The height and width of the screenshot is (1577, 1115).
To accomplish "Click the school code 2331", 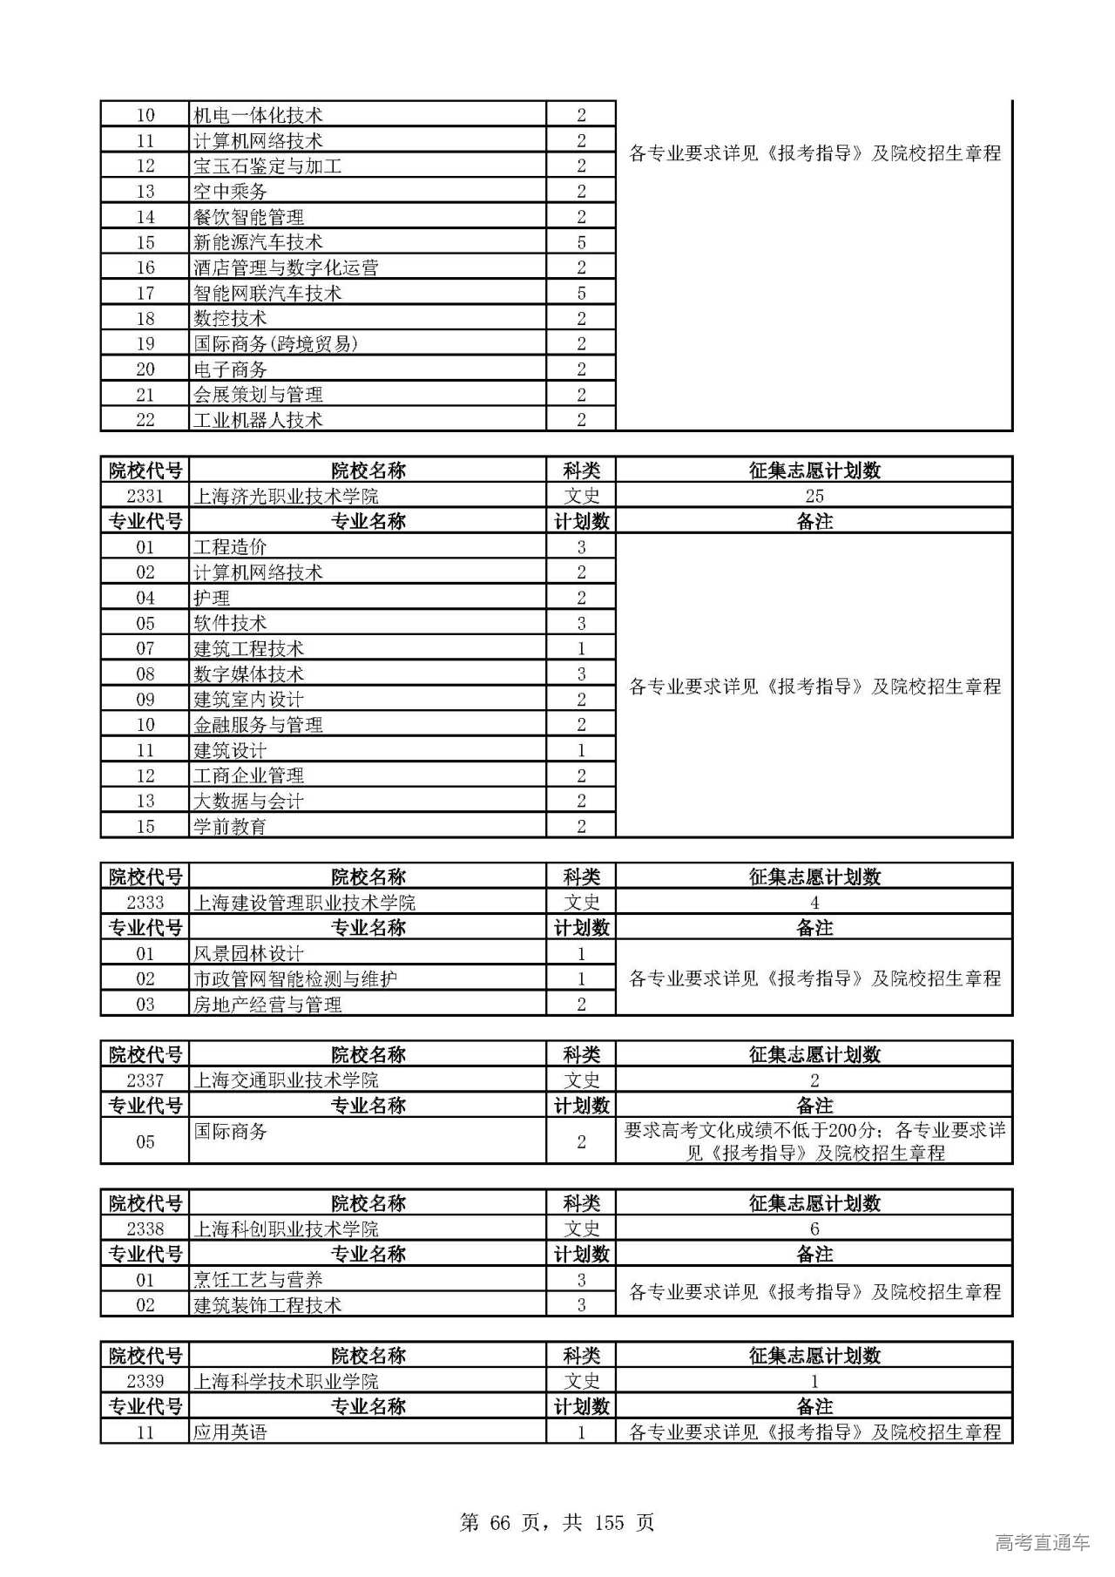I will pos(145,496).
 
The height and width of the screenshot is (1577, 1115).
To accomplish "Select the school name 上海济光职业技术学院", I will pos(286,496).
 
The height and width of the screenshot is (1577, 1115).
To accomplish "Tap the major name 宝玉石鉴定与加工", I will pos(267,166).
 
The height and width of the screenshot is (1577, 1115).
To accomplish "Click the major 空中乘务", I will pos(230,191).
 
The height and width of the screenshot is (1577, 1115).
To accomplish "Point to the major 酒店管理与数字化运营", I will pos(286,267).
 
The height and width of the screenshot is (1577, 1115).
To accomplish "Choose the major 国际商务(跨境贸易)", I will pos(275,343).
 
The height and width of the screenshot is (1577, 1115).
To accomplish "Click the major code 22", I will pos(145,420).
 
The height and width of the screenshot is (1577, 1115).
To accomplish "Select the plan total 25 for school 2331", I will pos(814,496).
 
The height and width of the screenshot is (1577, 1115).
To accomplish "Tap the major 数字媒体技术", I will pos(248,673).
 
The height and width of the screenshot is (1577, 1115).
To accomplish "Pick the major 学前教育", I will pos(230,826).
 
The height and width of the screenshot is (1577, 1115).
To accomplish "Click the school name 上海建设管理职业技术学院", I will pos(304,902).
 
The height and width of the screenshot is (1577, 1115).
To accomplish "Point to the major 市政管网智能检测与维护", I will pos(294,978).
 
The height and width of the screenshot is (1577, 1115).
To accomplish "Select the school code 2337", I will pos(145,1080).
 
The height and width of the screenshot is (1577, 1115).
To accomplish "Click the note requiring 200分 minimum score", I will pos(814,1141).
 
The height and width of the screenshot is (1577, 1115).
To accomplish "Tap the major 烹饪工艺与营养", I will pos(258,1279).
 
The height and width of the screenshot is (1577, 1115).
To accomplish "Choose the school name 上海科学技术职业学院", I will pos(286,1381).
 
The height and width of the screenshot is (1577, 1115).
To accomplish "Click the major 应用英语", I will pos(230,1431).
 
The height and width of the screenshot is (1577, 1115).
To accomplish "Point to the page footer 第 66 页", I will pos(557,1497).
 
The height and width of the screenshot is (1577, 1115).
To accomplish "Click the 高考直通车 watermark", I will pos(1042,1542).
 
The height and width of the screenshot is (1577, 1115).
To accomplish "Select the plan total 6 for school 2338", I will pos(814,1228).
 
